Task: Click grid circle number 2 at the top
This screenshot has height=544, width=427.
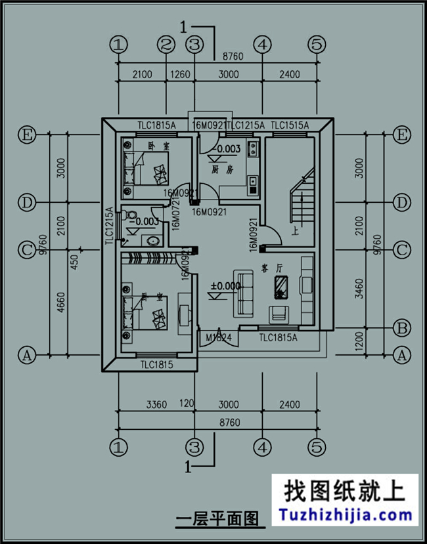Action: pyautogui.click(x=166, y=45)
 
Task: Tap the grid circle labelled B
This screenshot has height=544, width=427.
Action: pyautogui.click(x=401, y=327)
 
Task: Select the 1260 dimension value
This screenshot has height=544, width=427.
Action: pyautogui.click(x=180, y=75)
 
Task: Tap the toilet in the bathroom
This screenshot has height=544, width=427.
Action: pyautogui.click(x=131, y=215)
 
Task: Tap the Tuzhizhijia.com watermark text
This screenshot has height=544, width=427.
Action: pyautogui.click(x=346, y=514)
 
